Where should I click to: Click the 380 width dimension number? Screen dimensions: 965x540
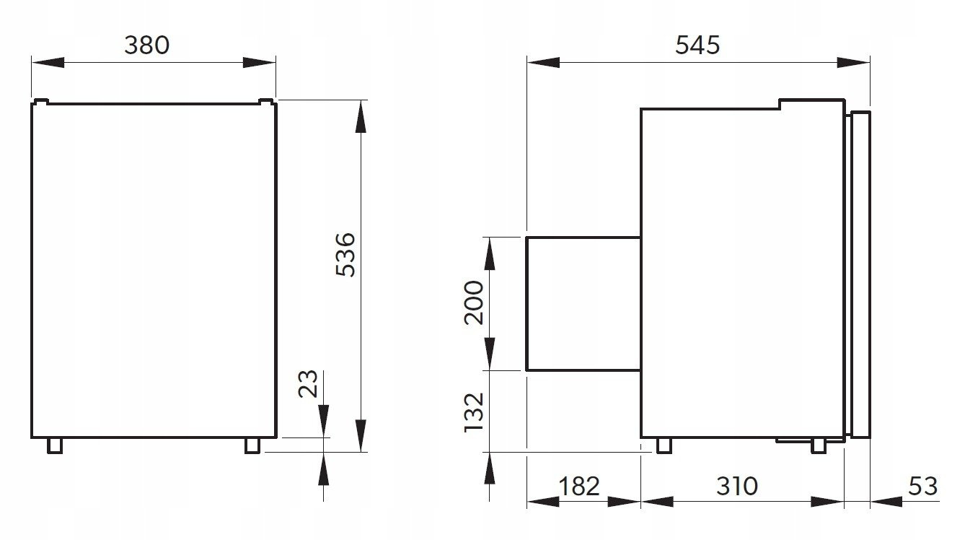click(x=147, y=45)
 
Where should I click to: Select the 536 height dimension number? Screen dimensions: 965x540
click(x=345, y=254)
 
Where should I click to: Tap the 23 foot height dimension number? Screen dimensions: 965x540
click(x=308, y=384)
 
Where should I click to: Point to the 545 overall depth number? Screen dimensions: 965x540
click(x=697, y=45)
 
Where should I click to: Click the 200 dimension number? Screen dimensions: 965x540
click(x=474, y=302)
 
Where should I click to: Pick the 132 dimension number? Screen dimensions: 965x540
click(x=474, y=412)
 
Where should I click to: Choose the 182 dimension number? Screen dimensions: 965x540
click(x=578, y=486)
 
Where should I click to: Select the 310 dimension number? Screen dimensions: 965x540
click(x=736, y=486)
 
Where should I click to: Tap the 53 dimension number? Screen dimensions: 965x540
click(x=922, y=486)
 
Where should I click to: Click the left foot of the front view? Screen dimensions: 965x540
click(x=55, y=445)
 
